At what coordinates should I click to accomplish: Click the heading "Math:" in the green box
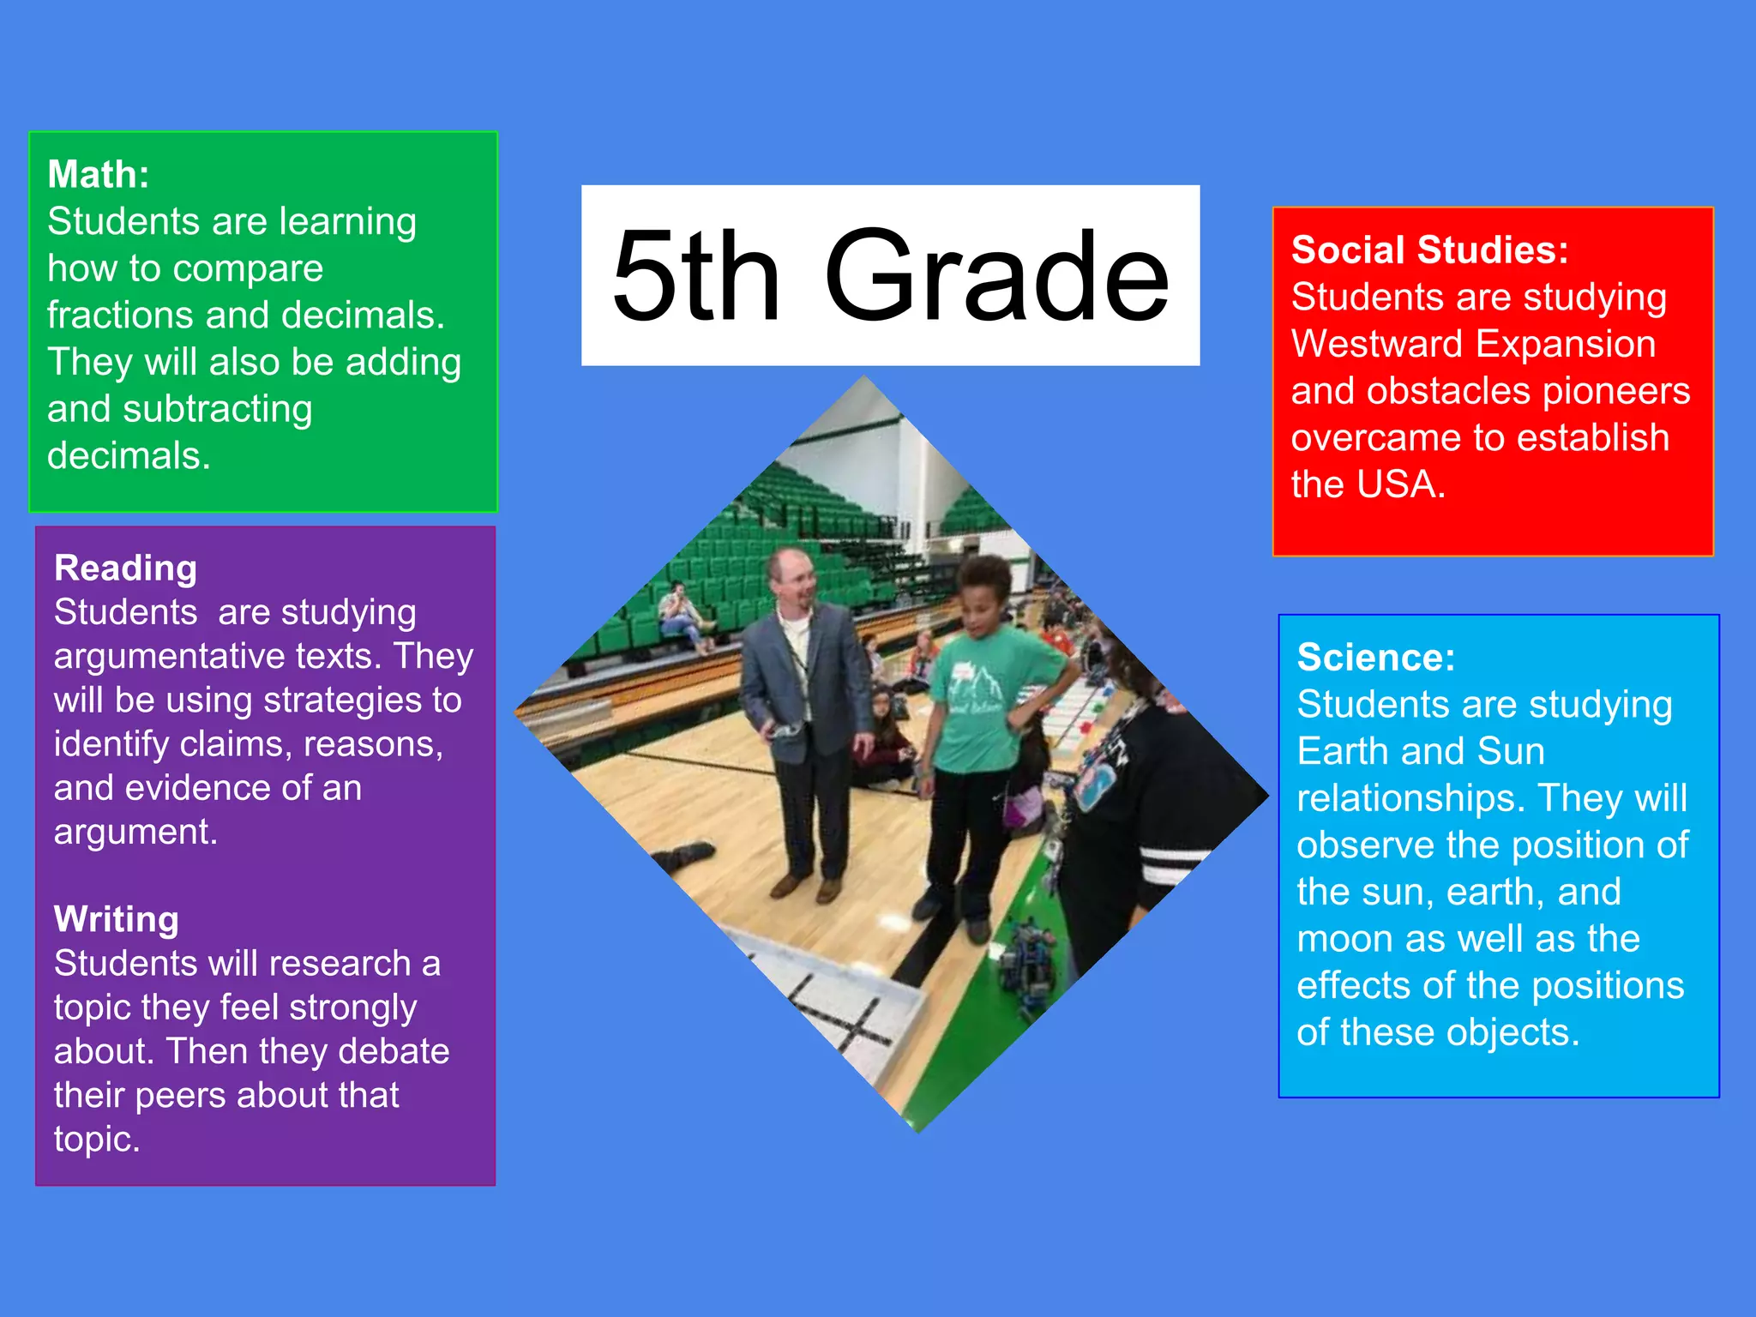(99, 175)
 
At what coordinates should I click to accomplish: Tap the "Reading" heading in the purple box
(125, 568)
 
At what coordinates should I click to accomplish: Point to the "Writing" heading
(117, 919)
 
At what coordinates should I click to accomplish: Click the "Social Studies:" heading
(1429, 250)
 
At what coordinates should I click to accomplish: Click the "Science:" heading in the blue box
(1375, 658)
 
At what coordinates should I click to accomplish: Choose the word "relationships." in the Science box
(1411, 799)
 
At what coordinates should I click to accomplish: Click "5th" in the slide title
(695, 276)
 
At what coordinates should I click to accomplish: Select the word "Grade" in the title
(996, 276)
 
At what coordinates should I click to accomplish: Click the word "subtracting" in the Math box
(217, 410)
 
